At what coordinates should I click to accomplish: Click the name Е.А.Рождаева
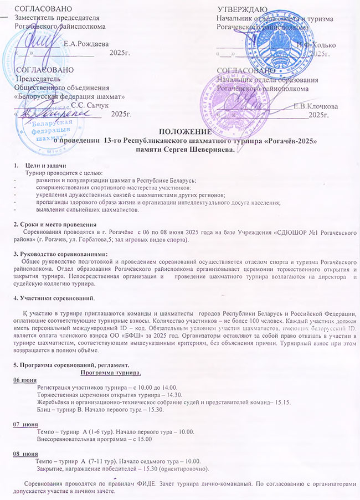point(86,43)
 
